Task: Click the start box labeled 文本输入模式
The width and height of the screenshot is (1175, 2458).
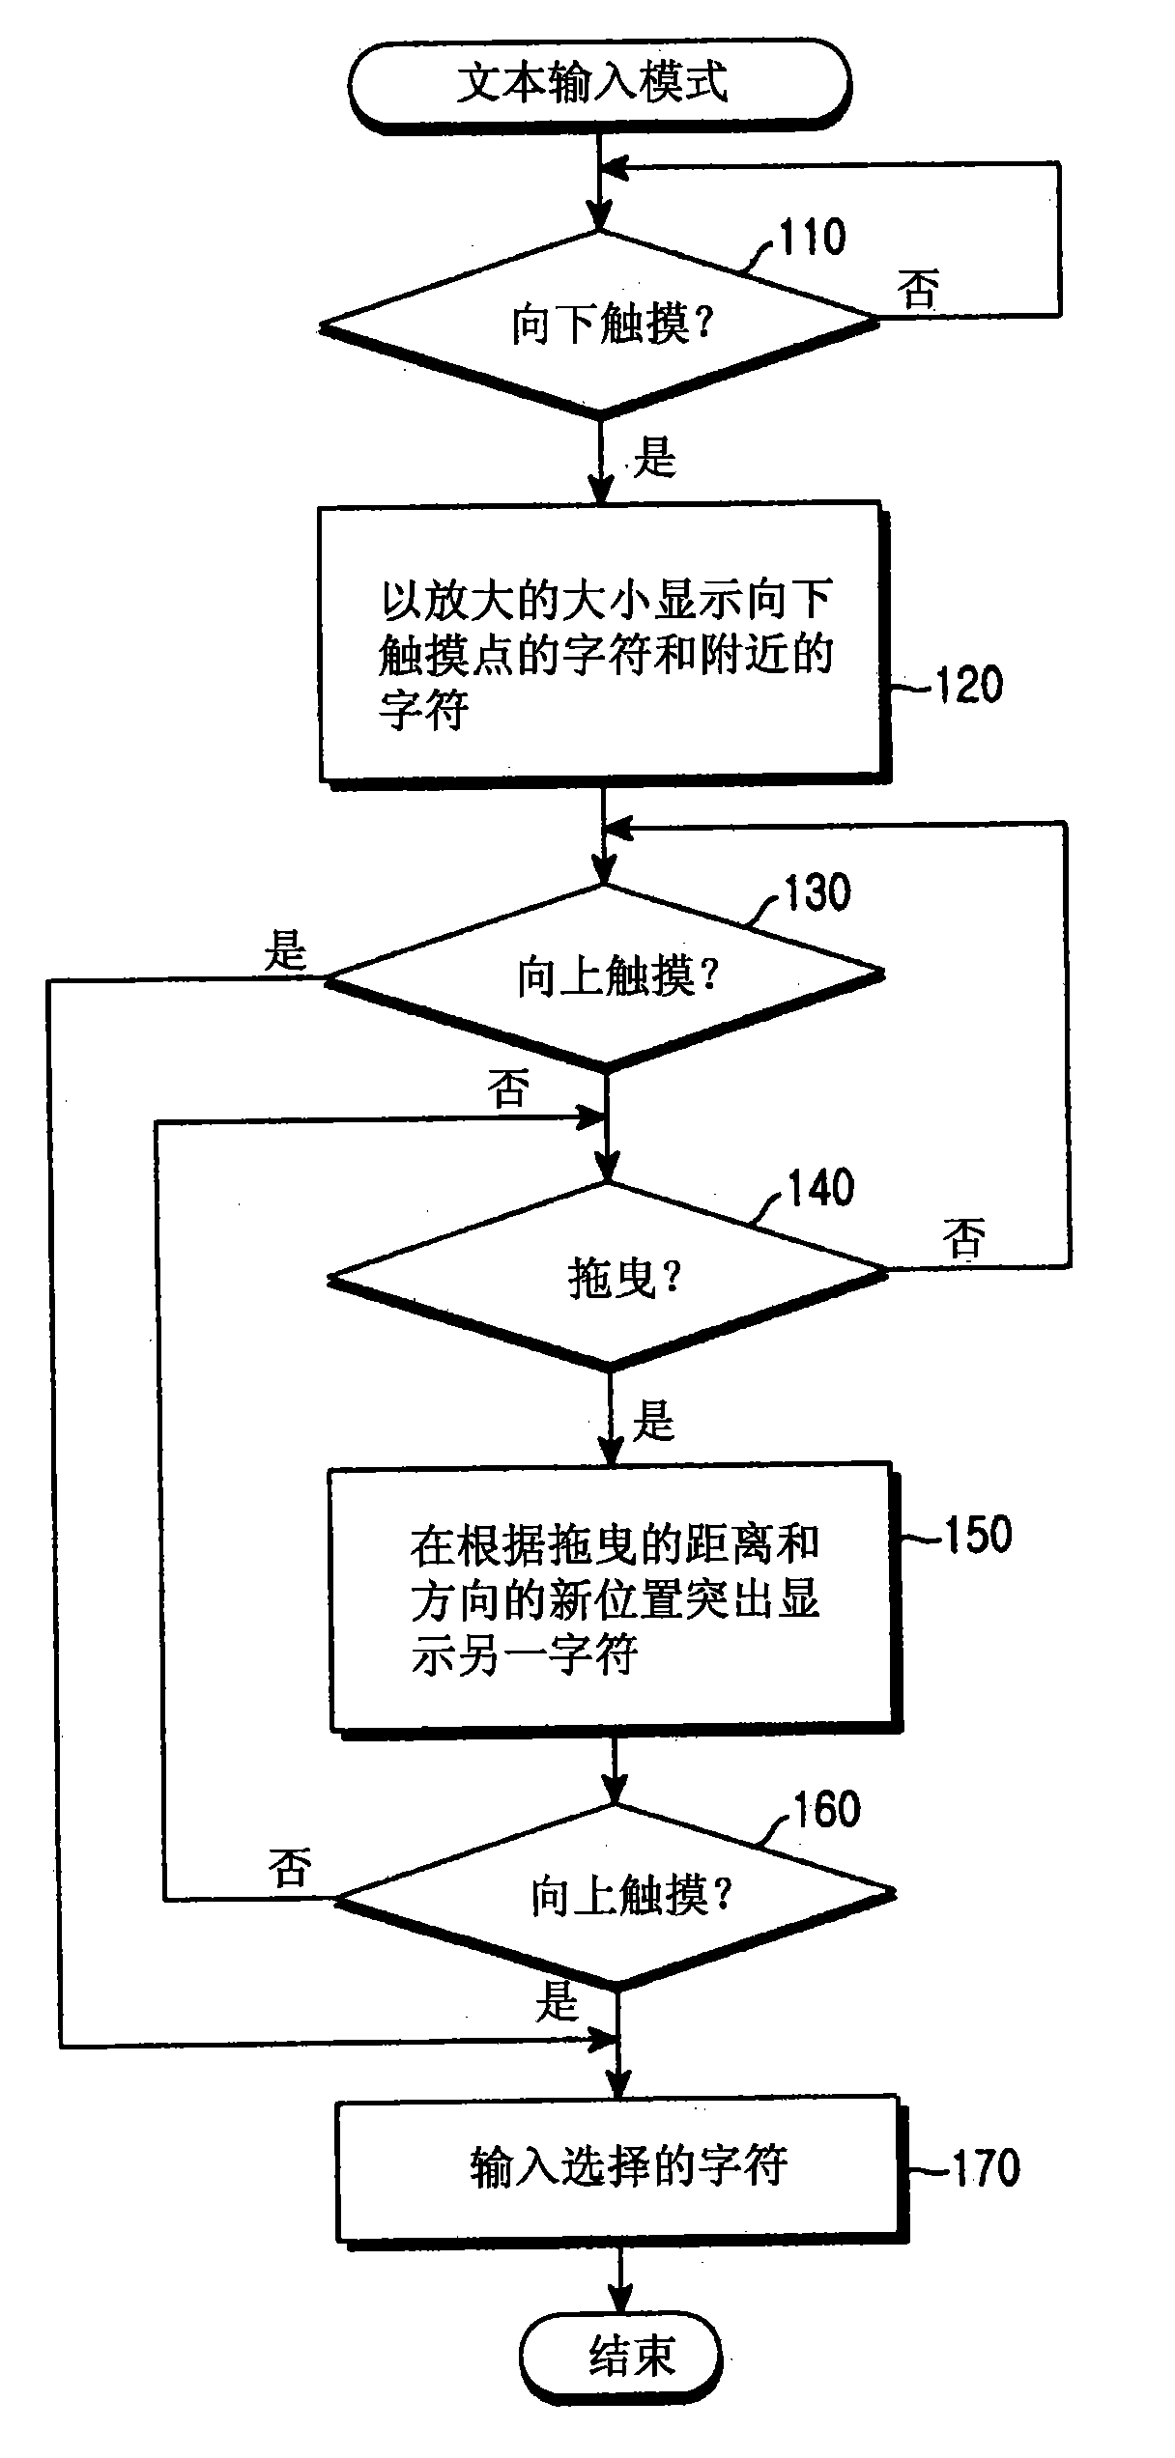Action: tap(598, 84)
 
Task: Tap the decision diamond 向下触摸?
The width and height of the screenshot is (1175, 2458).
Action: tap(599, 325)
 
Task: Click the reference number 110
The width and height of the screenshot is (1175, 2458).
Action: tap(812, 238)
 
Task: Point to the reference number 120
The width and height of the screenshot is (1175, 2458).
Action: tap(969, 685)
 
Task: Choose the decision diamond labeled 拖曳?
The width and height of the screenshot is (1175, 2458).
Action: tap(609, 1278)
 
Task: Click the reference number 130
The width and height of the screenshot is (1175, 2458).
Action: tap(817, 892)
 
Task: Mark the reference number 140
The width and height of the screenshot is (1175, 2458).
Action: tap(821, 1189)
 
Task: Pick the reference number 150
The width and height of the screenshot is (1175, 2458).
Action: tap(977, 1534)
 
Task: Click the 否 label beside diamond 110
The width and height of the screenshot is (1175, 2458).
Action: tap(917, 289)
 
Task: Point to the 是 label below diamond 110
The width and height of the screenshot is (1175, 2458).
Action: tap(655, 457)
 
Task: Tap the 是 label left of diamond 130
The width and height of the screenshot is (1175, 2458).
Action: tap(286, 950)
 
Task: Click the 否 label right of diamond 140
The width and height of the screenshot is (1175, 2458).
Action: tap(963, 1237)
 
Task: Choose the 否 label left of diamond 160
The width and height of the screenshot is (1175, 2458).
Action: tap(290, 1868)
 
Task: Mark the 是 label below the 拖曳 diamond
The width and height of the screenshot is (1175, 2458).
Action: tap(654, 1421)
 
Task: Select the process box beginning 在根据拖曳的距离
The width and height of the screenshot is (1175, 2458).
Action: tap(615, 1599)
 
